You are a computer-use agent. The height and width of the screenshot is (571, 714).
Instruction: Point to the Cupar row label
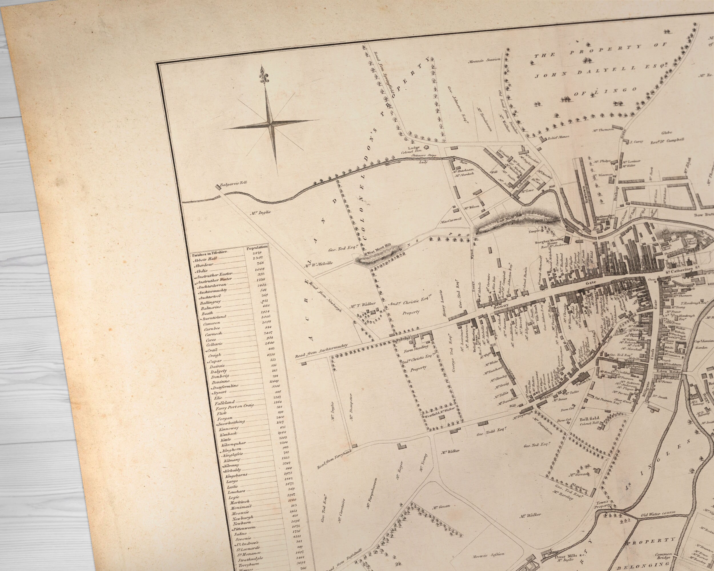[216, 361]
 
